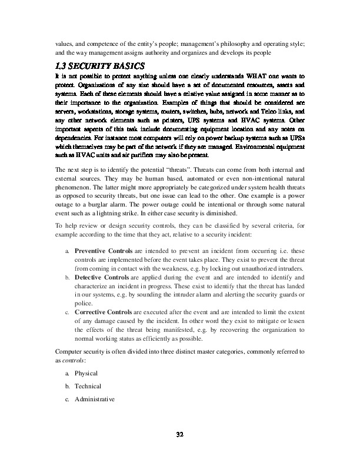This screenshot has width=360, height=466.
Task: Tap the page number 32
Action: (x=180, y=435)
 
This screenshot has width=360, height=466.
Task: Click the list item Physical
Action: (x=86, y=373)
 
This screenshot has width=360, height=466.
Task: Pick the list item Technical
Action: (x=88, y=386)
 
